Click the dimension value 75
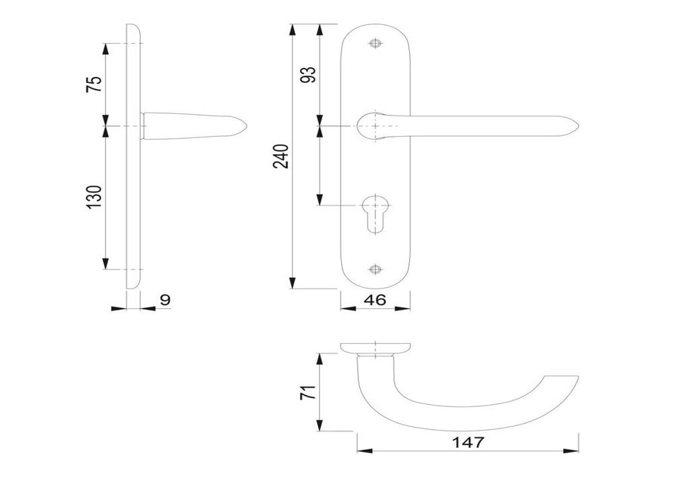click(95, 84)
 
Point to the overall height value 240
click(281, 156)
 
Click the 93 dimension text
click(309, 75)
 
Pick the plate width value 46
click(375, 301)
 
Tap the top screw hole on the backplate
click(375, 44)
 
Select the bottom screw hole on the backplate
click(375, 269)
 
